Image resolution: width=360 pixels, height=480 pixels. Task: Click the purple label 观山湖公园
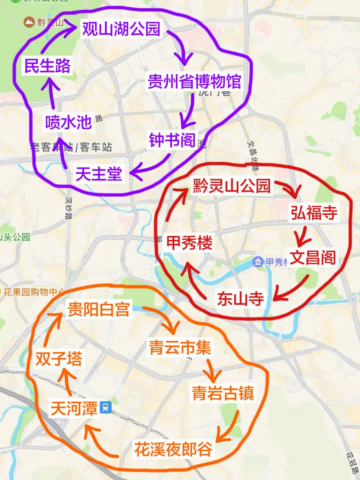pyautogui.click(x=121, y=29)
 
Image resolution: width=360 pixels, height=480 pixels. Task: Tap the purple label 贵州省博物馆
pyautogui.click(x=194, y=81)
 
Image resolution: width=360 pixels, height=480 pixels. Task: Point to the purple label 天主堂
pyautogui.click(x=99, y=174)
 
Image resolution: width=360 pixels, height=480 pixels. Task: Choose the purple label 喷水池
pyautogui.click(x=69, y=123)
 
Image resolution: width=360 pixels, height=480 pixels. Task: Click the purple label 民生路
pyautogui.click(x=47, y=67)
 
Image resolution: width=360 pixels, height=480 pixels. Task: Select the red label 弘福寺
pyautogui.click(x=314, y=213)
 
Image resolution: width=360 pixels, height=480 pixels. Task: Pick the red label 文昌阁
pyautogui.click(x=313, y=257)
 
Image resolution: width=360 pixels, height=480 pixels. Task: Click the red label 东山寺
pyautogui.click(x=240, y=299)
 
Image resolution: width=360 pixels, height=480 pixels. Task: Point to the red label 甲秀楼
pyautogui.click(x=190, y=243)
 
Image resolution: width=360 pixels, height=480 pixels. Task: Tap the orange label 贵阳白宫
pyautogui.click(x=99, y=310)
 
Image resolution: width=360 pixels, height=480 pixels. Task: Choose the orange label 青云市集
pyautogui.click(x=180, y=347)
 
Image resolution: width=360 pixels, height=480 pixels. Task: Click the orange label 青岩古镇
pyautogui.click(x=223, y=393)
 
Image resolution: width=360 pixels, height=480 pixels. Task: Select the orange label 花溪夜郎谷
pyautogui.click(x=173, y=449)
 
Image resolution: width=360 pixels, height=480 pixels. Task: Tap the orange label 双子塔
pyautogui.click(x=59, y=359)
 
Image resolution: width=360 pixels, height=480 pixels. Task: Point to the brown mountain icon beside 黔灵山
pyautogui.click(x=30, y=21)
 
